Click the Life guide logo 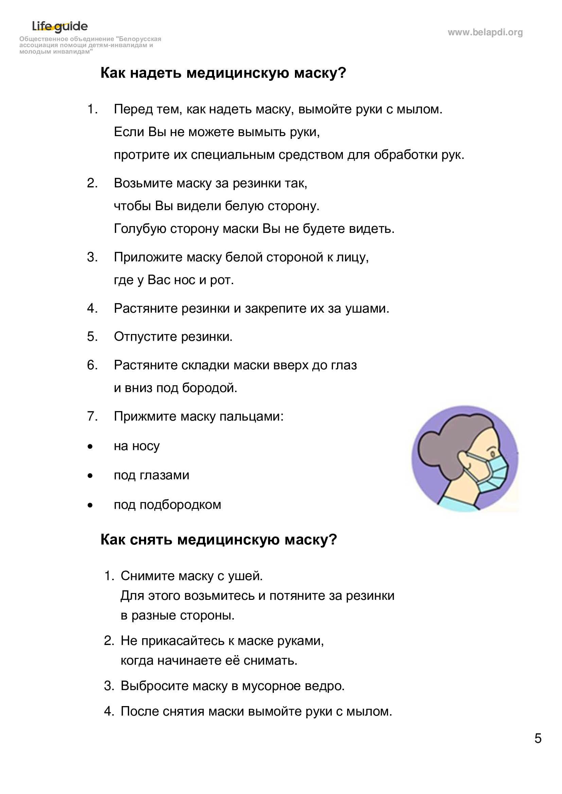pos(60,26)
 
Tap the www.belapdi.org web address pos(485,33)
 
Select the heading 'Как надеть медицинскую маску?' pos(223,73)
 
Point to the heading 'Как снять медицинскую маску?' pos(218,540)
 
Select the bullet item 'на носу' pos(137,446)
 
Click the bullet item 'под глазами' pos(152,476)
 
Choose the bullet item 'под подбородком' pos(168,505)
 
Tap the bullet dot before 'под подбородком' pos(90,505)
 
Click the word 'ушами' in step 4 pos(367,309)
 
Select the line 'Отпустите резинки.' pos(173,337)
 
